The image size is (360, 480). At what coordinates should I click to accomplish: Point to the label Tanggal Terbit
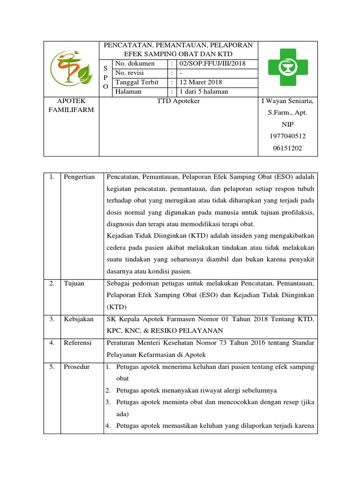coord(137,82)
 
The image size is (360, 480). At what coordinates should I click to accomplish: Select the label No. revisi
coord(130,73)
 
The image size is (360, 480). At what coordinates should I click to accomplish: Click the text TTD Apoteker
coord(178,101)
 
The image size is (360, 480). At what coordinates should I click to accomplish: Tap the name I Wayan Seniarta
coord(287,101)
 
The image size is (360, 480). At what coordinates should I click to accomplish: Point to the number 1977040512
coord(287,136)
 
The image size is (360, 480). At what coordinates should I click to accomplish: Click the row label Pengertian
coord(79,177)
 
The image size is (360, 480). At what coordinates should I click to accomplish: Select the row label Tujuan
coord(74,284)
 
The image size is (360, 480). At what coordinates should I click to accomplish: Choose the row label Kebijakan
coord(79,319)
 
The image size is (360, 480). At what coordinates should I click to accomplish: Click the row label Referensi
coord(78,343)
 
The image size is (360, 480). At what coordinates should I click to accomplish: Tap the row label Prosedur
coord(77,366)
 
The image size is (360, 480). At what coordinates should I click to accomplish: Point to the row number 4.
coord(52,343)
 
